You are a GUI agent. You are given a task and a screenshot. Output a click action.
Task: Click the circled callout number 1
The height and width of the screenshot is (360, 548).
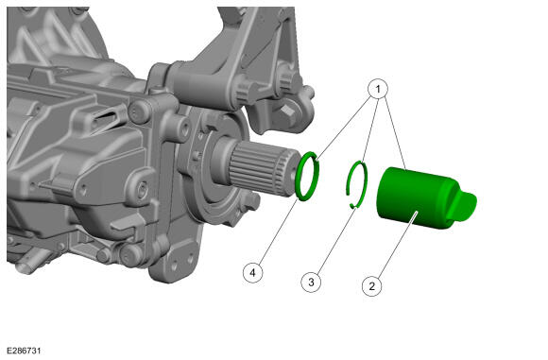[x=378, y=90]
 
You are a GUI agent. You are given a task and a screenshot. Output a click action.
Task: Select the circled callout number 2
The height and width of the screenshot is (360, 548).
[x=372, y=286]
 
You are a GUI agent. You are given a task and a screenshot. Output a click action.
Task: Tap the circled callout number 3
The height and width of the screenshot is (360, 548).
[x=311, y=282]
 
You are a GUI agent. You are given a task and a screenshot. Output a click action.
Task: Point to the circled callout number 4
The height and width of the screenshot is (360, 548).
[x=252, y=272]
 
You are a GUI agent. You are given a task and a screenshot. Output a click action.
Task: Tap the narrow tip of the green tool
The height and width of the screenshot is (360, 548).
[x=465, y=206]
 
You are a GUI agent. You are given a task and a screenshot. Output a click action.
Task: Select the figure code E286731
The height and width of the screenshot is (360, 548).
[x=24, y=351]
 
